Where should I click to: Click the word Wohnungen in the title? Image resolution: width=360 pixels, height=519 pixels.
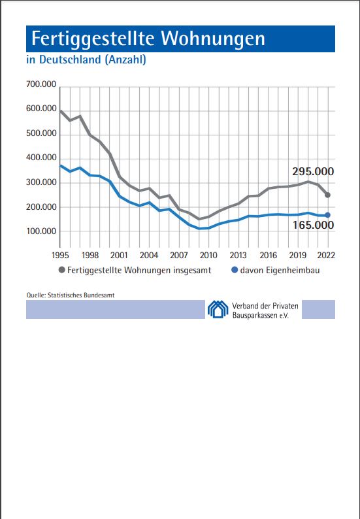pyautogui.click(x=213, y=39)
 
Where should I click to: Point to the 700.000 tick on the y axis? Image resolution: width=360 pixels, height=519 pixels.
pyautogui.click(x=41, y=85)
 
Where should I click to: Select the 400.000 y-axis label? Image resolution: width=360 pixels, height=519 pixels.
pyautogui.click(x=41, y=158)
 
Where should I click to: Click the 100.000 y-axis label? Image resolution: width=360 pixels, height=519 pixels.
pyautogui.click(x=41, y=231)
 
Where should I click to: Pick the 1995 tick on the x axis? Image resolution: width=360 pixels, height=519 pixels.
pyautogui.click(x=60, y=256)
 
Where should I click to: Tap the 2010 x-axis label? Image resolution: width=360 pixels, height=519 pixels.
pyautogui.click(x=209, y=256)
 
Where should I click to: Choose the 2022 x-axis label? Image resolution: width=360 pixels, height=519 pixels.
pyautogui.click(x=327, y=256)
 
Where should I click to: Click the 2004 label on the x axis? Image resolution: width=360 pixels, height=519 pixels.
pyautogui.click(x=149, y=256)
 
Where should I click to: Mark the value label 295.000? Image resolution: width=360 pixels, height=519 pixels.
pyautogui.click(x=313, y=172)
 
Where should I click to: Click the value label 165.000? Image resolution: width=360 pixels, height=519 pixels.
pyautogui.click(x=313, y=226)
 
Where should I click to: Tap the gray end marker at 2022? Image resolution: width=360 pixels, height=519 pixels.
pyautogui.click(x=327, y=195)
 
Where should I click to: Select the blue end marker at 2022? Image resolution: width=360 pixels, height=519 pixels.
pyautogui.click(x=327, y=215)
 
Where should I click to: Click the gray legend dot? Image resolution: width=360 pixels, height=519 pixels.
pyautogui.click(x=62, y=271)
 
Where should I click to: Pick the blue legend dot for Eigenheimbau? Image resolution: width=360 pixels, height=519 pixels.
pyautogui.click(x=235, y=271)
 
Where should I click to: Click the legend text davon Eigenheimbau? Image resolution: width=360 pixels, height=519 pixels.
pyautogui.click(x=280, y=271)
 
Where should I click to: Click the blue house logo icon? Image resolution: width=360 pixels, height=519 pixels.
pyautogui.click(x=218, y=309)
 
